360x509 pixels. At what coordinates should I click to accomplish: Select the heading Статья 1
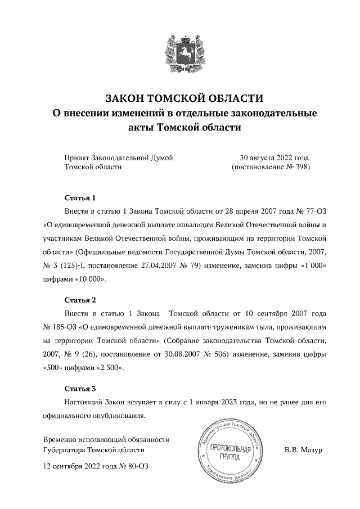80,198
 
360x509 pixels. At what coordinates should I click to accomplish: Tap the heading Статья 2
80,299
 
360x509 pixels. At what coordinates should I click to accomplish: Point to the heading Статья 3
80,388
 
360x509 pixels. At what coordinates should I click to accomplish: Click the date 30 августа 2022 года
274,157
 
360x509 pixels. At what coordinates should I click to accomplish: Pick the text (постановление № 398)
271,167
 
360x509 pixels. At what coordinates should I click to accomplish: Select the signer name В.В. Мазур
303,450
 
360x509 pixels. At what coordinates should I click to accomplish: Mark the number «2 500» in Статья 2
111,368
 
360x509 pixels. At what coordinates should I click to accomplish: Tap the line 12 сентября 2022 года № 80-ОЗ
96,466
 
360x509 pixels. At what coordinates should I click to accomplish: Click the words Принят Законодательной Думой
119,157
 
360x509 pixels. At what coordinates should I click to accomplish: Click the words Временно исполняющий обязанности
106,439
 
